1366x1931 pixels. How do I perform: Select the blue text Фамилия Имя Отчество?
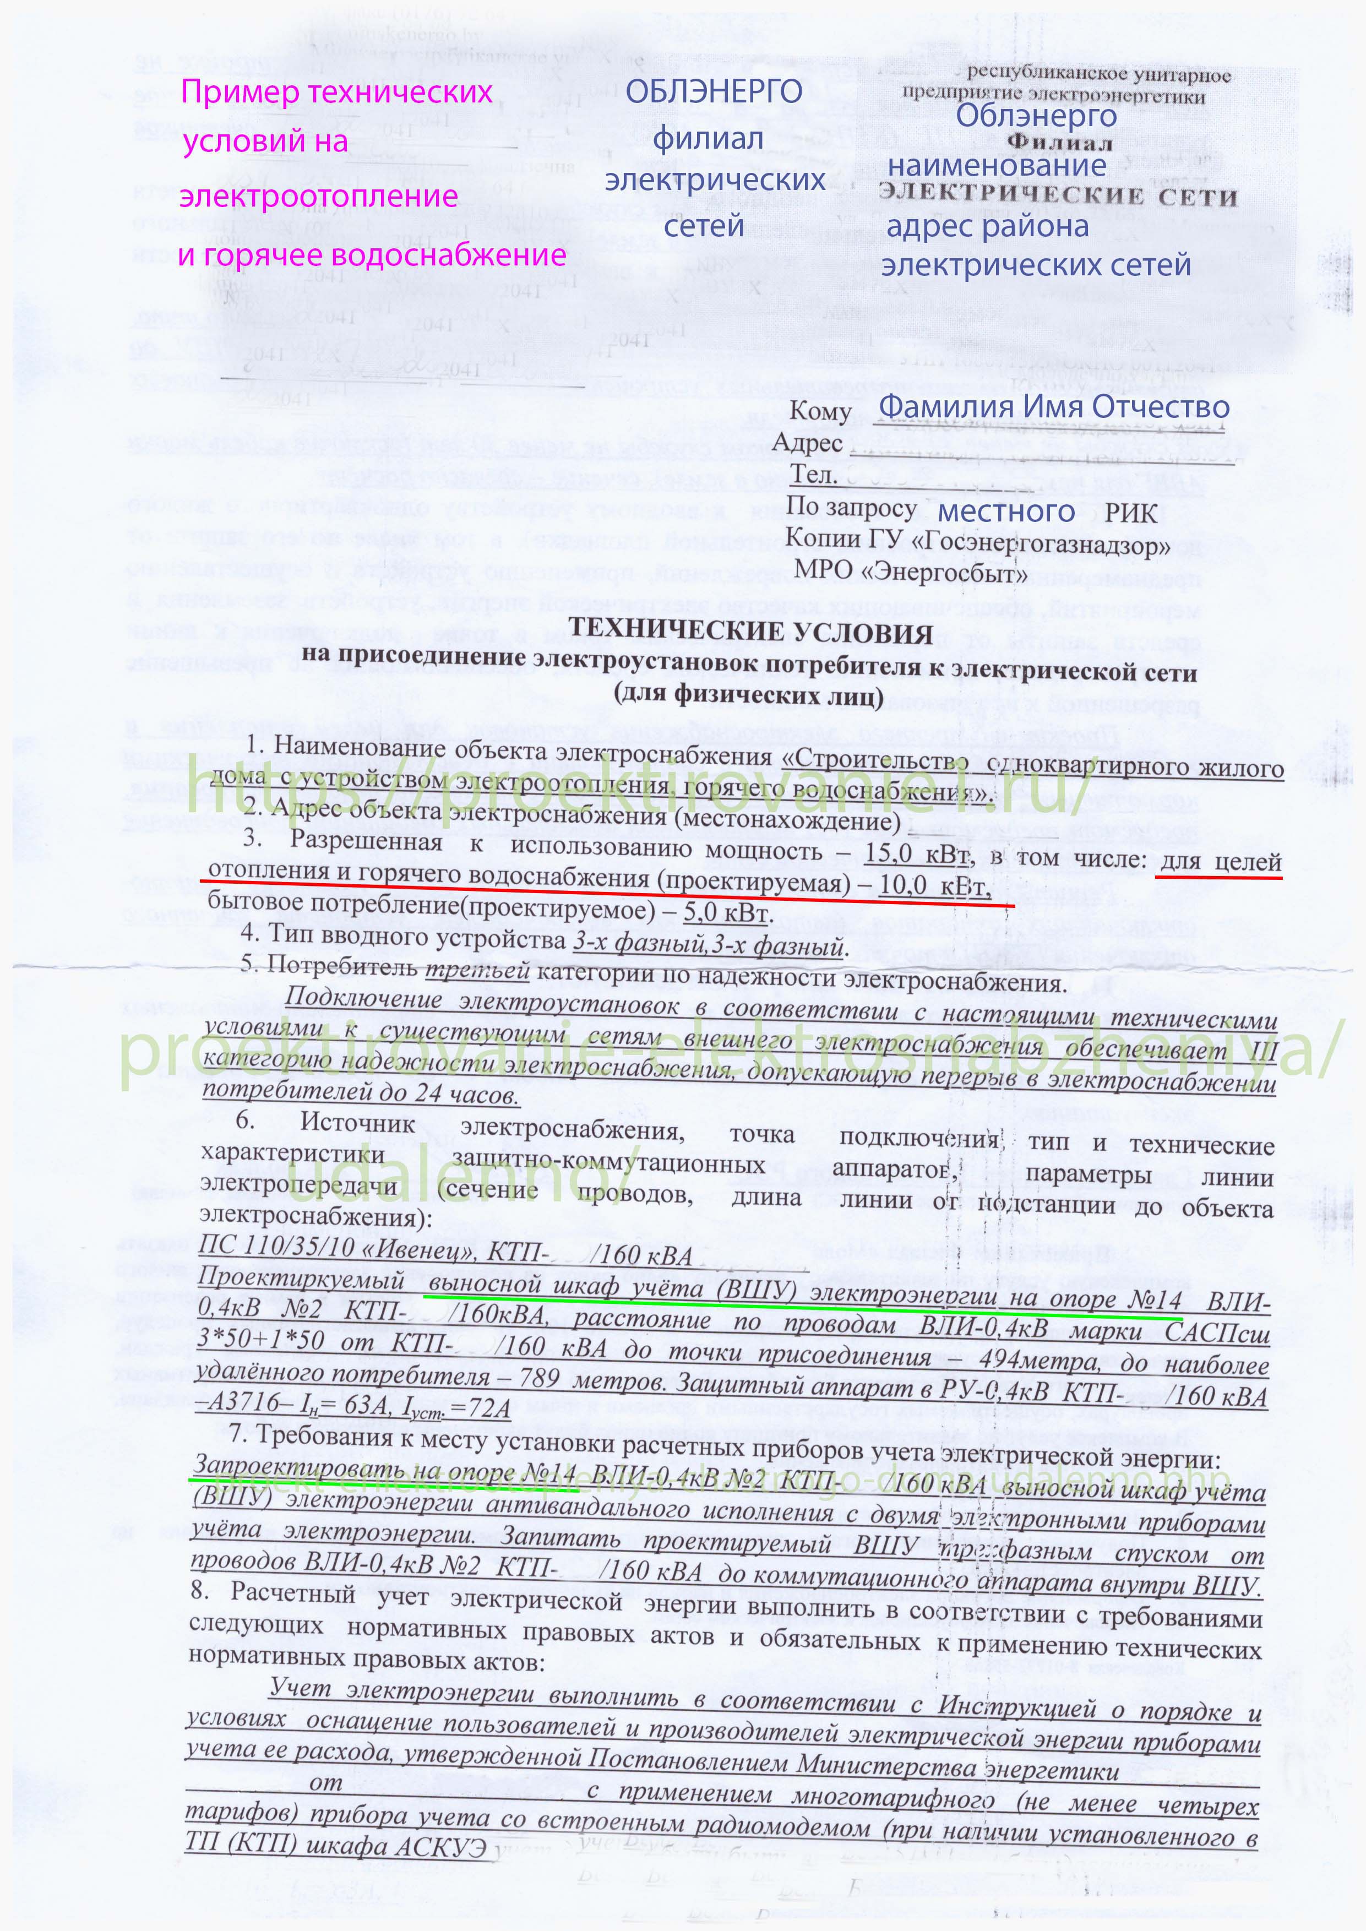(x=1053, y=407)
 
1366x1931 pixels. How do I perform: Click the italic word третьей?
(x=477, y=970)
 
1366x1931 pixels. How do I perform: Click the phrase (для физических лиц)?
(x=749, y=695)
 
